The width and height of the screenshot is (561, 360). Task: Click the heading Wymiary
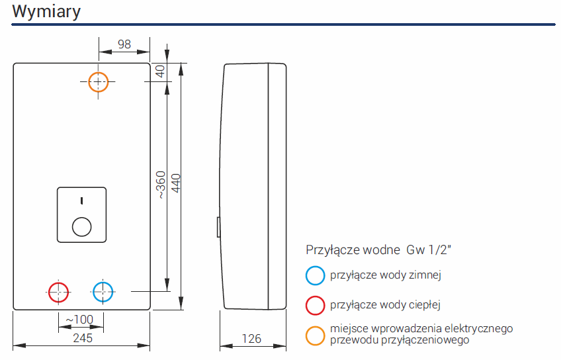[x=46, y=11]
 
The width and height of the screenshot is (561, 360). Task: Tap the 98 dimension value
[x=124, y=44]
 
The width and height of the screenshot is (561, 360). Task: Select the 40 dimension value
[x=159, y=71]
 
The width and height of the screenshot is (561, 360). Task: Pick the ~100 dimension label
[x=80, y=320]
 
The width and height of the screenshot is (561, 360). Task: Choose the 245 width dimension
[x=81, y=338]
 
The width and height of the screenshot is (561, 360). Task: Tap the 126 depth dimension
[x=251, y=339]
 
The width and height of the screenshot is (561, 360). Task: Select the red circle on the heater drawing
[x=59, y=291]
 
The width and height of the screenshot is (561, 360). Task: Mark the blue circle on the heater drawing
[x=103, y=291]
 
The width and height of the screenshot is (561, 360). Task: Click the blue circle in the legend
[x=316, y=275]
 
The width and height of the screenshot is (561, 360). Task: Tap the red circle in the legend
[x=316, y=305]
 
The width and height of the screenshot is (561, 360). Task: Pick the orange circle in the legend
[x=316, y=334]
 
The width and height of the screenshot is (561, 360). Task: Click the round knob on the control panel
[x=81, y=226]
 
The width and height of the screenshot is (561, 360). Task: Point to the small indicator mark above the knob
[x=81, y=200]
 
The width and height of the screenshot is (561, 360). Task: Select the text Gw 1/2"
[x=429, y=250]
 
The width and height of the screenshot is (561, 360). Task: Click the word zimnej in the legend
[x=425, y=275]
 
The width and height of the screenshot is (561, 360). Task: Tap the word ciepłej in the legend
[x=425, y=305]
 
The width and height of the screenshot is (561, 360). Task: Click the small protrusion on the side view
[x=218, y=226]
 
